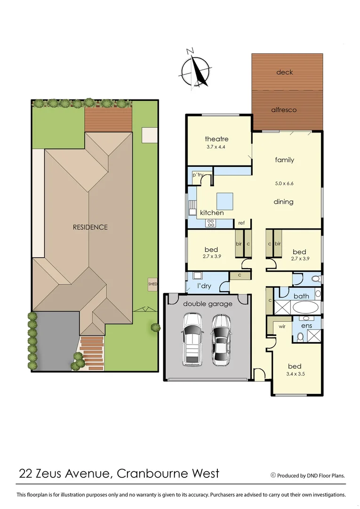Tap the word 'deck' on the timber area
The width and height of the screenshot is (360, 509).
[284, 72]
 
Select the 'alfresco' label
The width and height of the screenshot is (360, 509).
[284, 109]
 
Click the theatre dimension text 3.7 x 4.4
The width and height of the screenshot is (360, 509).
[216, 147]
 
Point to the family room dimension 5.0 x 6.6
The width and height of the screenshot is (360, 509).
[284, 183]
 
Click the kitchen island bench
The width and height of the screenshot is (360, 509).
[224, 201]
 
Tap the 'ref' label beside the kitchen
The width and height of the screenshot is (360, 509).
[241, 223]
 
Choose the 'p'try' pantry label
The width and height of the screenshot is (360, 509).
[198, 175]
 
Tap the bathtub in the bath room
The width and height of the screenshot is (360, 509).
[306, 308]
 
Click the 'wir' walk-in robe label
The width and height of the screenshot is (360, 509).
[282, 326]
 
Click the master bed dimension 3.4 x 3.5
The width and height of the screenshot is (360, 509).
[295, 375]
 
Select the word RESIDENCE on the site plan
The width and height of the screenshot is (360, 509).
[90, 227]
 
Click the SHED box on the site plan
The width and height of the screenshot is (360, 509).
[153, 284]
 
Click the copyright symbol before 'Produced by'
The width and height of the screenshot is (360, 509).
[272, 476]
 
